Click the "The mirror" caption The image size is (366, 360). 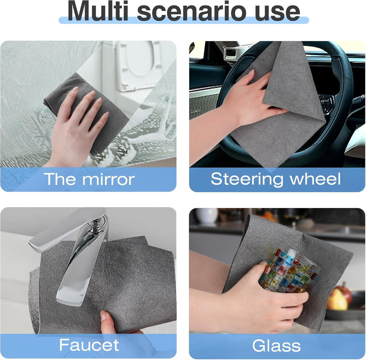(x=89, y=179)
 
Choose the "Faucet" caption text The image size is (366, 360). (x=89, y=345)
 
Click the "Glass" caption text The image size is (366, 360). (x=276, y=346)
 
